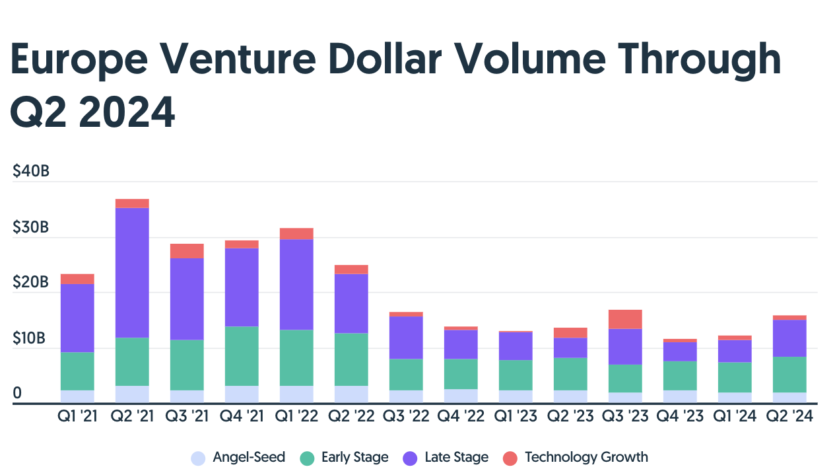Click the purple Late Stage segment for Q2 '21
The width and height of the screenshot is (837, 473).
click(132, 273)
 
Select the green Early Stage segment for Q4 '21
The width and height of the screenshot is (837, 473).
click(242, 356)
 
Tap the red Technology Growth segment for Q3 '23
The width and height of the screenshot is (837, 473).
click(625, 319)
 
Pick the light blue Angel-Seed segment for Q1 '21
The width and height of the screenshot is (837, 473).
click(77, 396)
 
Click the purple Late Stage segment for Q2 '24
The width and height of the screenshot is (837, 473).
click(789, 338)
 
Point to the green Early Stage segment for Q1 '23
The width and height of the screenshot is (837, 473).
click(516, 375)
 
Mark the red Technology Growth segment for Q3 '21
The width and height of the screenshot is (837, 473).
click(187, 251)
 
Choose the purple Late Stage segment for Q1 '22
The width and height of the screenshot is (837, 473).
click(296, 285)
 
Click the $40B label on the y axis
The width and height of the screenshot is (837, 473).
click(31, 172)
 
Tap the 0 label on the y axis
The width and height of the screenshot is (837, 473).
click(18, 394)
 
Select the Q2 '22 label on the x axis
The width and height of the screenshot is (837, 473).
click(351, 417)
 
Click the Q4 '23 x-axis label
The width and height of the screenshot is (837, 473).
click(680, 417)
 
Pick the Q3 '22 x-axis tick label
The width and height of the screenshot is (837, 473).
click(406, 417)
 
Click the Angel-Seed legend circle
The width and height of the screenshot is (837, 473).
click(197, 458)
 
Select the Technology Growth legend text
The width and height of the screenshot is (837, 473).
click(586, 457)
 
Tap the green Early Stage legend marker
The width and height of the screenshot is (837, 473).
click(306, 458)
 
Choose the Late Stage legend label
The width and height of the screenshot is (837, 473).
click(456, 457)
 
